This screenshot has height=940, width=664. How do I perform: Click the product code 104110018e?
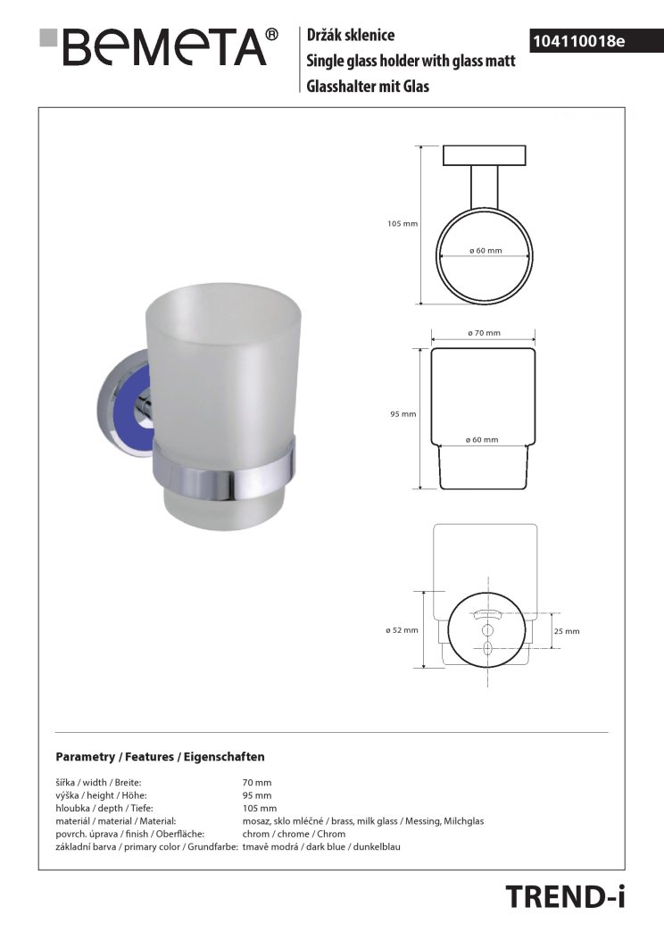point(579,41)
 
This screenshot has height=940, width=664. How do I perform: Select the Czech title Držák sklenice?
point(351,35)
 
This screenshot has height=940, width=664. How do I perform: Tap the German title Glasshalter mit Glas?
point(368,87)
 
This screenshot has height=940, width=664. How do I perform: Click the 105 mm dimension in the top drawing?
point(403,223)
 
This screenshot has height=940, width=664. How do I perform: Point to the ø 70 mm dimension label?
point(484,333)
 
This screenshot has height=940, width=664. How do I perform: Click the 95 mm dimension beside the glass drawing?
point(403,413)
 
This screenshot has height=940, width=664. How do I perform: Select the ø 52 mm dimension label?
point(403,630)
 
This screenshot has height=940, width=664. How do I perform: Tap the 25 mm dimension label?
point(567,630)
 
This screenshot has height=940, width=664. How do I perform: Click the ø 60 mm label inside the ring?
point(486,250)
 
